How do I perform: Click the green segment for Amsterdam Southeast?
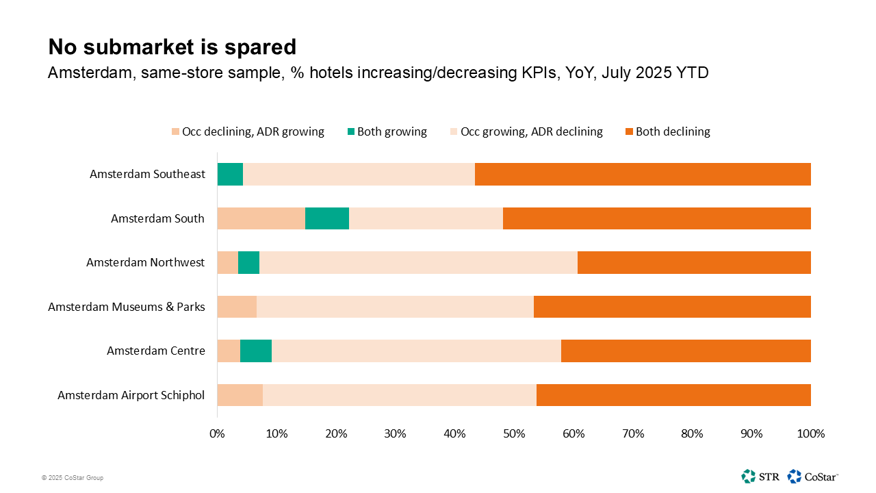(230, 175)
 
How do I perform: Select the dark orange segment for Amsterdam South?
(657, 218)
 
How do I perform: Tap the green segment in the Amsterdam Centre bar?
(256, 351)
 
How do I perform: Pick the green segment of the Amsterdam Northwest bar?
(248, 263)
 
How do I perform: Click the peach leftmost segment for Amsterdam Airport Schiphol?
(240, 395)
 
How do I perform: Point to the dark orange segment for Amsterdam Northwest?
(694, 263)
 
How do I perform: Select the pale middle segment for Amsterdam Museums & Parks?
(395, 307)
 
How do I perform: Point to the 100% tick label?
(811, 433)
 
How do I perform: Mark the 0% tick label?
(217, 433)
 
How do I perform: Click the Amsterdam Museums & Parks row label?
(127, 307)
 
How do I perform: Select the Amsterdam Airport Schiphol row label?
(131, 395)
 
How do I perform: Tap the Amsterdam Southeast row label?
(147, 175)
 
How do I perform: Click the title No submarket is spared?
(172, 47)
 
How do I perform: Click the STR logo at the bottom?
(757, 476)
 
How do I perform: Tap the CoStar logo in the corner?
(813, 476)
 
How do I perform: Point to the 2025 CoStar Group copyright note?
(72, 478)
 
